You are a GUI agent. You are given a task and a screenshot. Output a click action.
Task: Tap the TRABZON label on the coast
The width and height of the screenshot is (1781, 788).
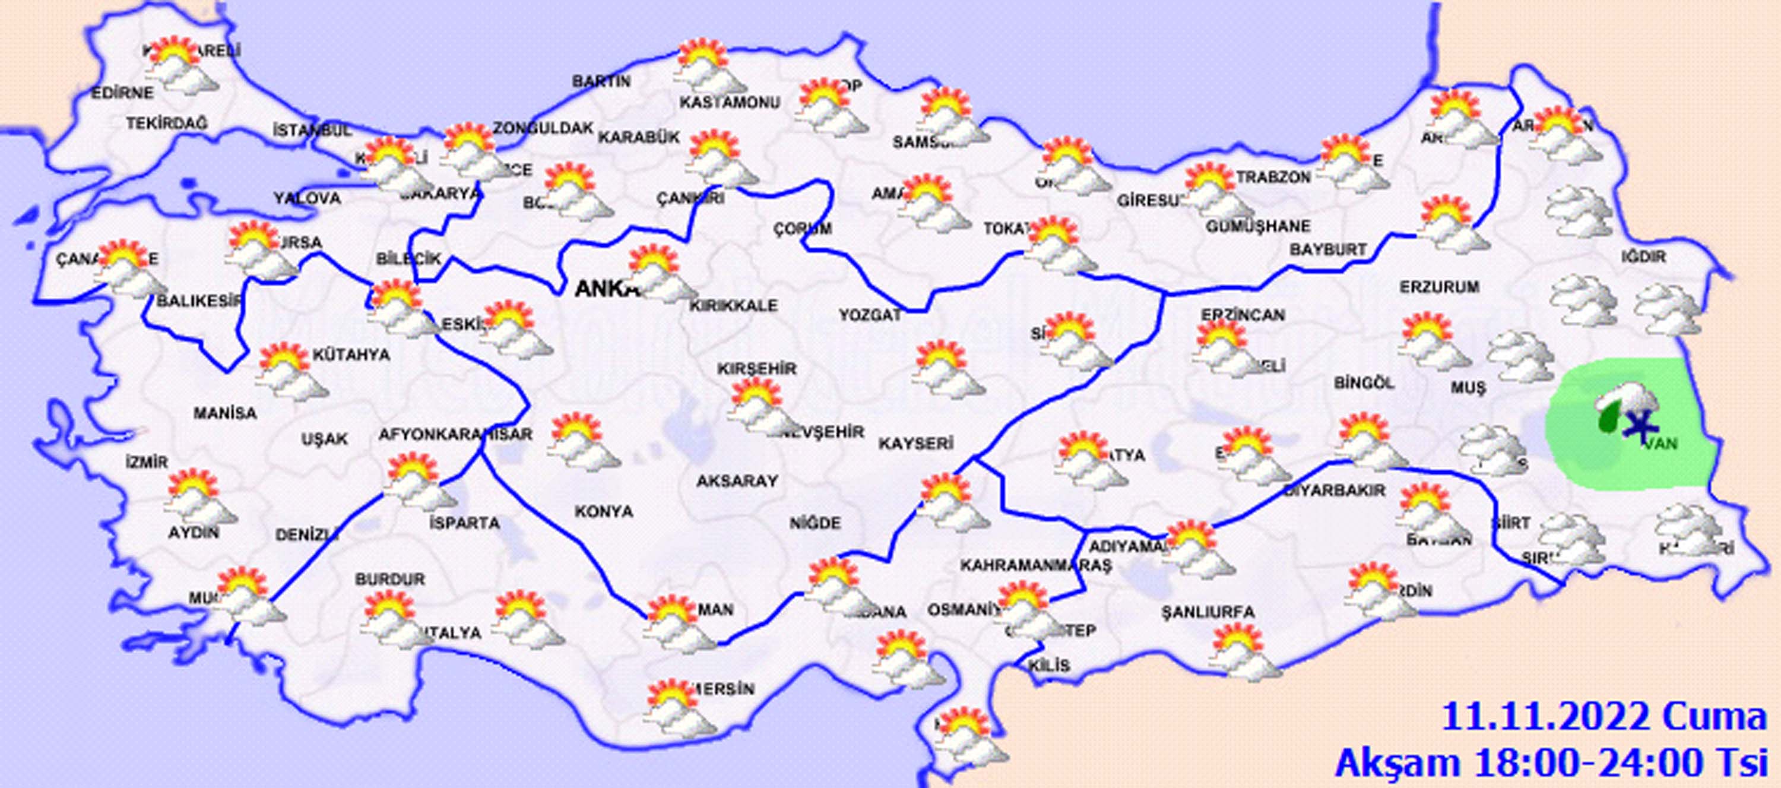(x=1273, y=177)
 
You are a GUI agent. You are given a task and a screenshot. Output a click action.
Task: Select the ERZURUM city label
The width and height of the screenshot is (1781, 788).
(x=1440, y=286)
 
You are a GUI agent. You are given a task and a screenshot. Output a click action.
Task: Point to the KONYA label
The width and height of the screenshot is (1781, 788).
(x=604, y=511)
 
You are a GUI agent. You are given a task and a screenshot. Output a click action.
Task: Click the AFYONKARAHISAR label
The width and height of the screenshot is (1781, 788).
(x=455, y=435)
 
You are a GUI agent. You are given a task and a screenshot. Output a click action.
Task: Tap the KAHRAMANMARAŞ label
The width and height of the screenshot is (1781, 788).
(x=1035, y=565)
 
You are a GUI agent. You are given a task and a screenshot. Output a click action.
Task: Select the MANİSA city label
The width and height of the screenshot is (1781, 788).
(x=224, y=414)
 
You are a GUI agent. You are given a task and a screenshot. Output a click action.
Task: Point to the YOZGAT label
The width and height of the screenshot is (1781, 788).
(x=870, y=315)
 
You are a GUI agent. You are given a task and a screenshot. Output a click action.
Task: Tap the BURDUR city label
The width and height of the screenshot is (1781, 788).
(x=390, y=579)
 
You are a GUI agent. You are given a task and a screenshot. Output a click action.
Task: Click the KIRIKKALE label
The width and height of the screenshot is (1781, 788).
(x=733, y=305)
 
